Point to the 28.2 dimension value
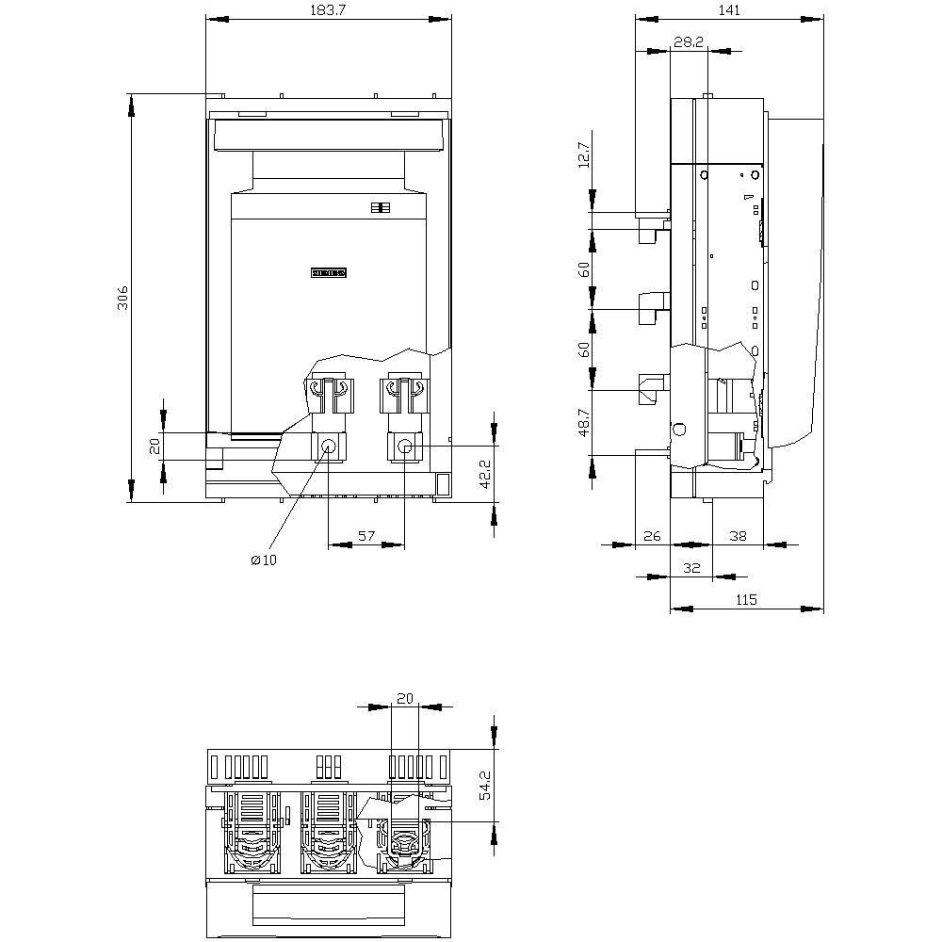[689, 42]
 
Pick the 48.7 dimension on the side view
[584, 421]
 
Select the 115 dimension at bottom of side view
[746, 600]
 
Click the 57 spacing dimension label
[365, 536]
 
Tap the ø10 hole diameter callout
[264, 560]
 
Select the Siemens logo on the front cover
[329, 273]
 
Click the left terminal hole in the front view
[328, 447]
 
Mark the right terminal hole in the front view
[405, 447]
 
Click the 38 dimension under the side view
[738, 535]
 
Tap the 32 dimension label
[691, 568]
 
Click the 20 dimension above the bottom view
[405, 698]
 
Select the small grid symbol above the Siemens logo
[381, 208]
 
